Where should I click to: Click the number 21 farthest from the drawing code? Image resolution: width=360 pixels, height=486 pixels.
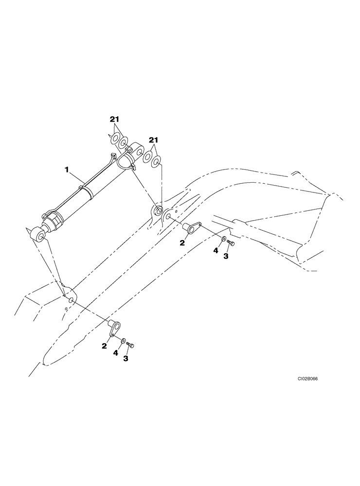(x=115, y=119)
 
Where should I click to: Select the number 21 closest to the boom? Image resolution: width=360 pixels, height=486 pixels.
(x=154, y=140)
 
